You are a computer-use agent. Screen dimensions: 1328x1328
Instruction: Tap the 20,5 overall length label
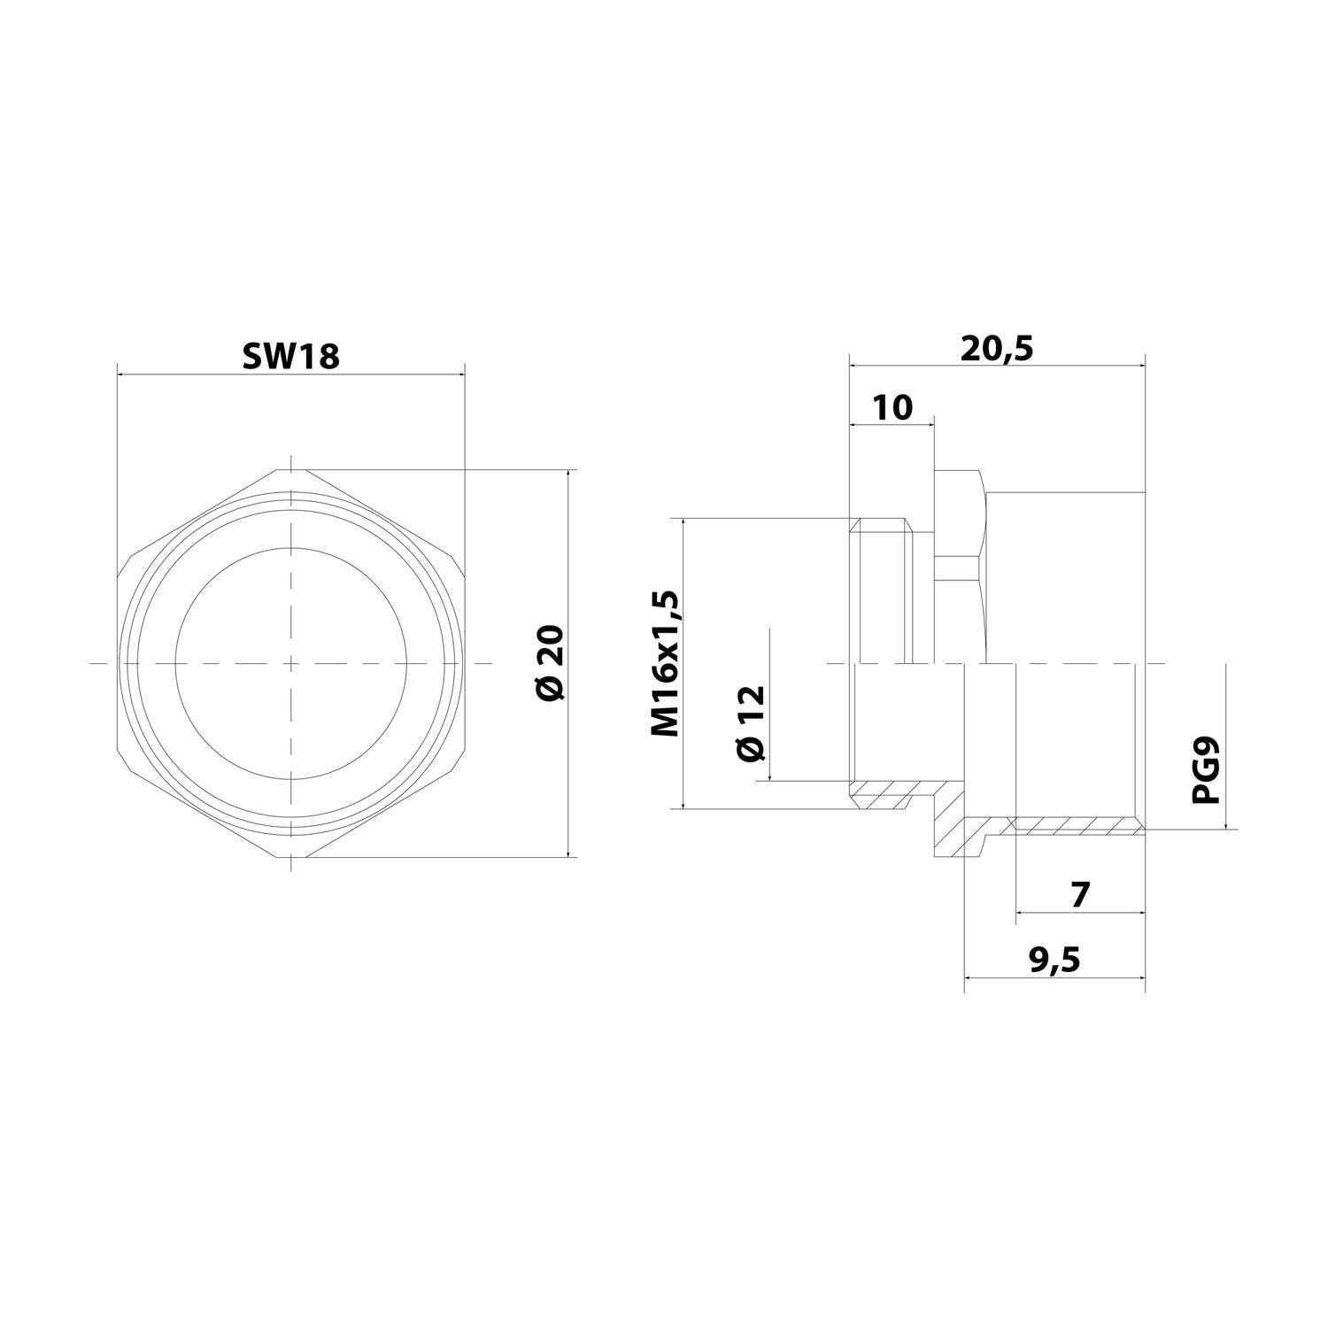(997, 348)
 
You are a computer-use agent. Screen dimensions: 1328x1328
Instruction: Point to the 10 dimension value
(892, 407)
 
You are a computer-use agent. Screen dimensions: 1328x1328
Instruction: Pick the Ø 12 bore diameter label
(749, 722)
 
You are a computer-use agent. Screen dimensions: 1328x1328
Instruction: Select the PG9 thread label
(1206, 772)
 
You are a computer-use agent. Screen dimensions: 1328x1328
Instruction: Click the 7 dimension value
(1079, 895)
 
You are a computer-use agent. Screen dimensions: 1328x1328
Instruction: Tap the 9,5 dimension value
(1054, 960)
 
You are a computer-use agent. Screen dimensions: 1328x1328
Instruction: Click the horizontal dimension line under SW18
(290, 374)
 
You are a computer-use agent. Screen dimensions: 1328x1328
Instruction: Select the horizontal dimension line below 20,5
(997, 364)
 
